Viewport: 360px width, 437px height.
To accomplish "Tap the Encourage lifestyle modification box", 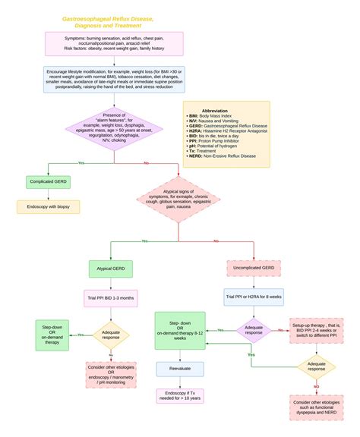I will pyautogui.click(x=114, y=79).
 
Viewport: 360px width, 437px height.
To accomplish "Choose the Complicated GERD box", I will pyautogui.click(x=48, y=182).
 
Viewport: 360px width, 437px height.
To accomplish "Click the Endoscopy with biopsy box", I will pyautogui.click(x=48, y=206).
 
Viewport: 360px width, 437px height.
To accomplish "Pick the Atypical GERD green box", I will pyautogui.click(x=110, y=269).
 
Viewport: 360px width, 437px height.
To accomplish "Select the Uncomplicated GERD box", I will pyautogui.click(x=253, y=269).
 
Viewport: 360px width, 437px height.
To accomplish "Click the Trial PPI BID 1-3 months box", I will pyautogui.click(x=110, y=297).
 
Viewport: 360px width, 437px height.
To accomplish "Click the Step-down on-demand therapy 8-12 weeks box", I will pyautogui.click(x=180, y=330).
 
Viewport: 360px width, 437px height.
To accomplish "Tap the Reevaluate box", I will pyautogui.click(x=180, y=369).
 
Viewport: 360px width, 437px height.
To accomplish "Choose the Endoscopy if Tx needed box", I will pyautogui.click(x=180, y=395).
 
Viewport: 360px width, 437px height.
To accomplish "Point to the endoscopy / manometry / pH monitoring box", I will pyautogui.click(x=110, y=373).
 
